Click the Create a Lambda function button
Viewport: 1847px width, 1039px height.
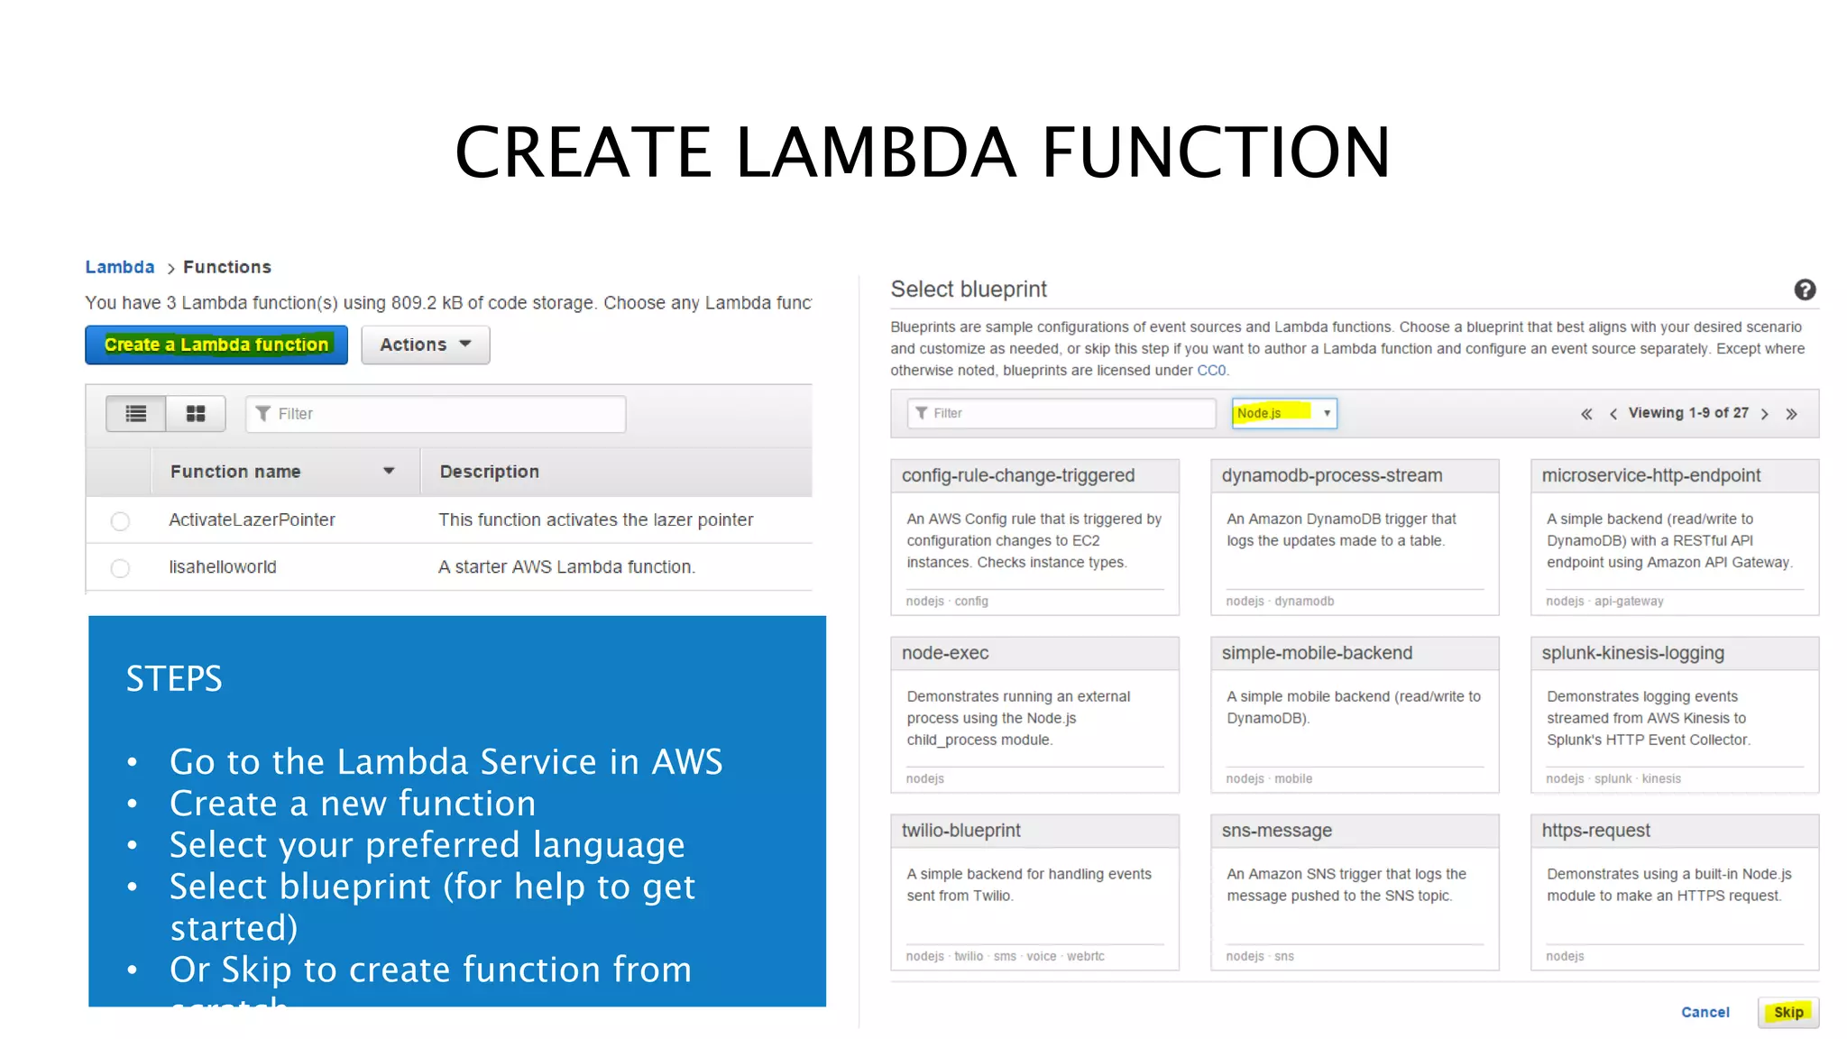pyautogui.click(x=216, y=345)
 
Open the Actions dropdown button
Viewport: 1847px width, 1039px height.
pyautogui.click(x=425, y=345)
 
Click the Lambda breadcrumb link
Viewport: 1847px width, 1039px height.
pyautogui.click(x=120, y=267)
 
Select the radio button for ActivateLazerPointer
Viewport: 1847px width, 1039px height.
pyautogui.click(x=120, y=521)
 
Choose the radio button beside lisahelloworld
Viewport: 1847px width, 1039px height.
pyautogui.click(x=120, y=568)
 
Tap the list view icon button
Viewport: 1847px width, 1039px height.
pyautogui.click(x=136, y=414)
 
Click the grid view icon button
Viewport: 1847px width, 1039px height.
pyautogui.click(x=196, y=414)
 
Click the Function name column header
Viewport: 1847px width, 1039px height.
pyautogui.click(x=235, y=472)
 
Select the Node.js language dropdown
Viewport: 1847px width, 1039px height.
pyautogui.click(x=1283, y=413)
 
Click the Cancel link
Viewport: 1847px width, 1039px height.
pyautogui.click(x=1705, y=1012)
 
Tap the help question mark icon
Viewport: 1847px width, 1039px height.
pyautogui.click(x=1805, y=290)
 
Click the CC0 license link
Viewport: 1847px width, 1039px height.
pyautogui.click(x=1211, y=371)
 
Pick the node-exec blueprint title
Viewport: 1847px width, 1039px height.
pyautogui.click(x=945, y=653)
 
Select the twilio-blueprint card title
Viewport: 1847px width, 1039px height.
pyautogui.click(x=961, y=831)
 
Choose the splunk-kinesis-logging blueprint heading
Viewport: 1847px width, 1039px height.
pyautogui.click(x=1632, y=653)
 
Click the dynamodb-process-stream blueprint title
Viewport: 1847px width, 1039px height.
pyautogui.click(x=1332, y=475)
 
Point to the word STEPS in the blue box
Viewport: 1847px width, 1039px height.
pyautogui.click(x=174, y=678)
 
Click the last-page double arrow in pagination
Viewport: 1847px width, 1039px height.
pyautogui.click(x=1792, y=414)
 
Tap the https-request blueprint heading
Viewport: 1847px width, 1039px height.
pyautogui.click(x=1595, y=831)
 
